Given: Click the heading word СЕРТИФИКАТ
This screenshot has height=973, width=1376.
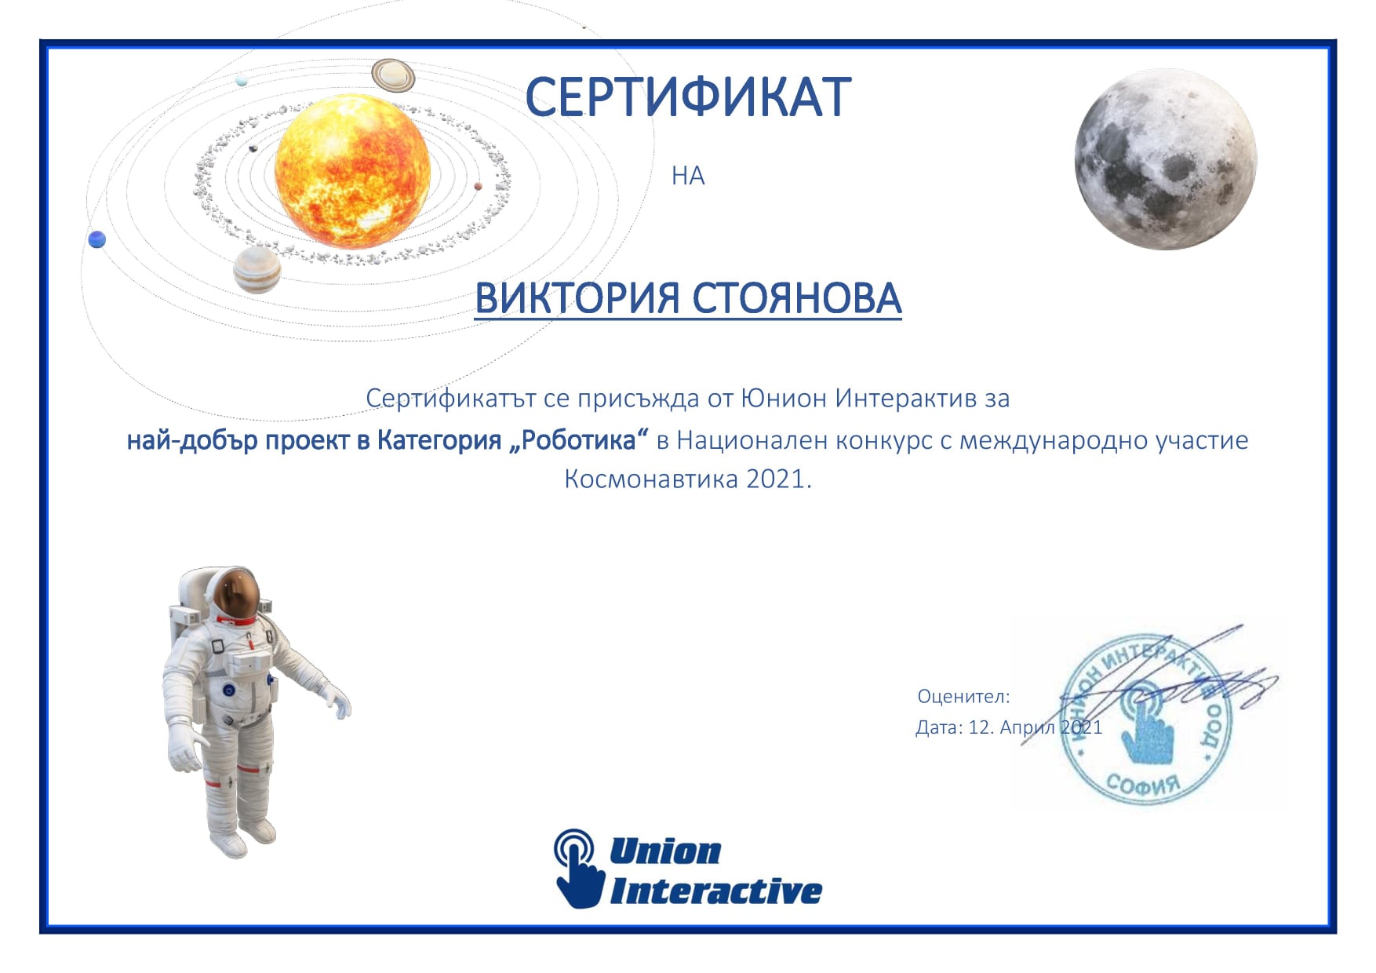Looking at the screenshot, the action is point(688,97).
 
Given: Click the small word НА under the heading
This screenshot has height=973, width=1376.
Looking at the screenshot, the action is point(688,176).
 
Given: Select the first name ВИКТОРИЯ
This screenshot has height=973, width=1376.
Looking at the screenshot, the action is point(577,298).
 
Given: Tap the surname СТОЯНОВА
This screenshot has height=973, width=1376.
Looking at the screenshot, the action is point(797,298).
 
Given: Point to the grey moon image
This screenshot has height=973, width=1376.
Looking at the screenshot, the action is point(1166,159).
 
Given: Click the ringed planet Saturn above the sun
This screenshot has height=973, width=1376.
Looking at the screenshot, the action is point(393,75).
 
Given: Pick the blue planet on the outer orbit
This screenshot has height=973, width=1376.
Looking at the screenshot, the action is point(97,239).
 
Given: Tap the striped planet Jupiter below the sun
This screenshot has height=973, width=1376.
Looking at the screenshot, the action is point(257,269).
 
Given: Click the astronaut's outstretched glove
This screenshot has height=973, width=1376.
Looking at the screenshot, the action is point(339,701).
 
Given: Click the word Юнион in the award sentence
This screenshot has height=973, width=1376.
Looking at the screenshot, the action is point(784,399).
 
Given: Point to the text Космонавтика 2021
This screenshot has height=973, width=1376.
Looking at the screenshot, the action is point(688,479).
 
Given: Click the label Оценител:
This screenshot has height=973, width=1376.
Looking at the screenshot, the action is point(963,696).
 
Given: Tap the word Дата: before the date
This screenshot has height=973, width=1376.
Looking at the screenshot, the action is point(939,727).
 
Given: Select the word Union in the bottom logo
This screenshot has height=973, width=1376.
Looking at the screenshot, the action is point(665,851).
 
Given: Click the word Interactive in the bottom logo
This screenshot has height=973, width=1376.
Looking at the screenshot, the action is point(716,891).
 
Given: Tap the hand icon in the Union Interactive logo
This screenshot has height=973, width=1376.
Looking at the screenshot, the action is point(578,868).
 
